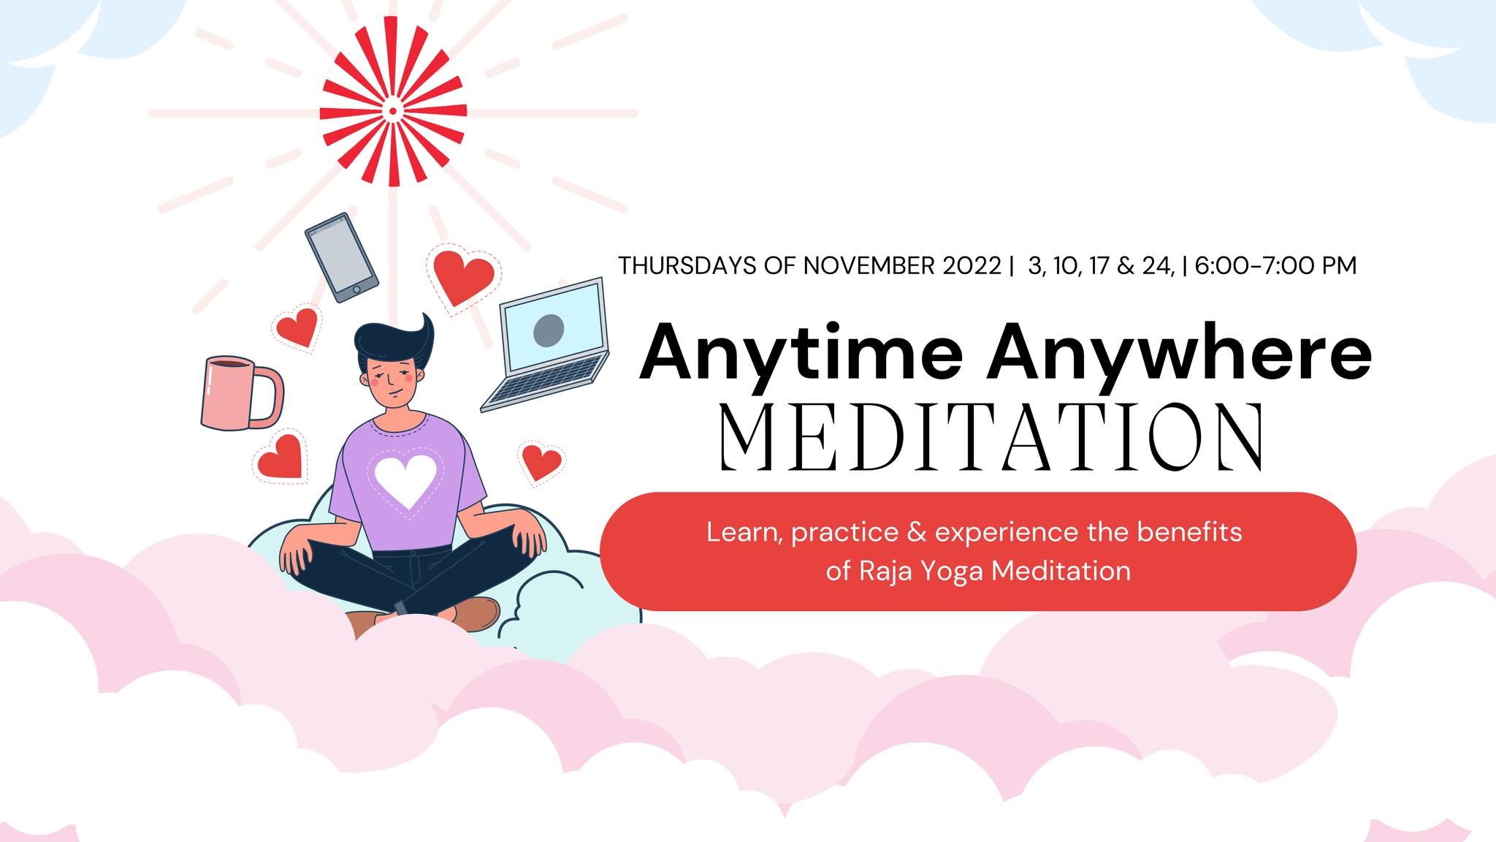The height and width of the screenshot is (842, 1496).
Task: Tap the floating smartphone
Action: click(341, 257)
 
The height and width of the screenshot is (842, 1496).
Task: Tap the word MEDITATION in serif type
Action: click(992, 437)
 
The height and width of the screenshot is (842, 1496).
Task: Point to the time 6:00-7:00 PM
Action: click(1275, 265)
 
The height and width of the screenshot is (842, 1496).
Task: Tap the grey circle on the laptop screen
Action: click(549, 330)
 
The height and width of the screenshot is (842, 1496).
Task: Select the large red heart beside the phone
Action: click(463, 278)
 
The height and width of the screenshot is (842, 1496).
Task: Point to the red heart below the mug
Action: click(281, 456)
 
